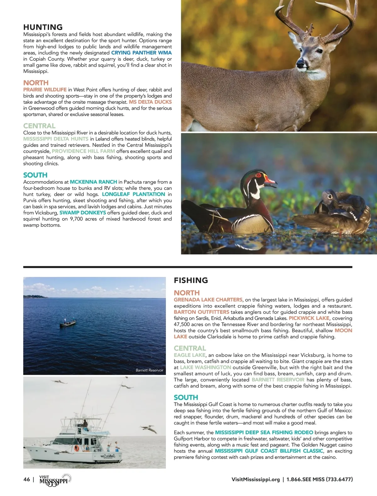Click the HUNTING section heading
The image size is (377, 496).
pos(43,27)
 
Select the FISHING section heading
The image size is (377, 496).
pos(191,280)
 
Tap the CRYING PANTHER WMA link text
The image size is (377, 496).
pos(141,53)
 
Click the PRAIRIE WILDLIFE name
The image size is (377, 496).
pos(45,90)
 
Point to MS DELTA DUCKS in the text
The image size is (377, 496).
pos(150,102)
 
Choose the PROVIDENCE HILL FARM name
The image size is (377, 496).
pos(83,151)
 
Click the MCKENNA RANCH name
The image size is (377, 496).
pos(93,182)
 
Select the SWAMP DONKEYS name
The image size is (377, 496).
pos(83,213)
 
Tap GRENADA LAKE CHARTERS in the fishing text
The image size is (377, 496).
pos(208,300)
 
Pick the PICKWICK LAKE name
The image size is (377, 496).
pos(309,318)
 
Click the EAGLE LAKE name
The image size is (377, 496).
pos(189,355)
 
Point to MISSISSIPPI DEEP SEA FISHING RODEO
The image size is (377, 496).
pos(264,432)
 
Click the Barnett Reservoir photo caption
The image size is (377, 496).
pos(149,370)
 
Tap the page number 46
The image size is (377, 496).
pos(27,479)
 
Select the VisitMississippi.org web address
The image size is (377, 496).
pos(255,480)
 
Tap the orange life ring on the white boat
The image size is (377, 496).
pos(76,448)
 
